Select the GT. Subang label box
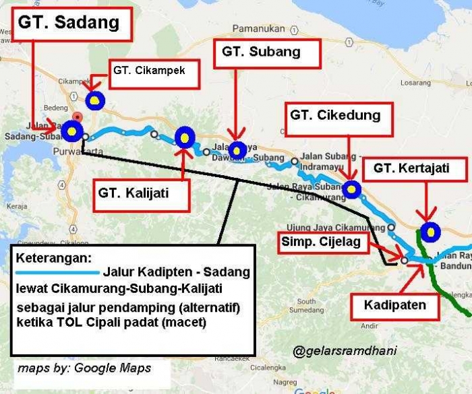[260, 52]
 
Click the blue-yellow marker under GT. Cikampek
[96, 100]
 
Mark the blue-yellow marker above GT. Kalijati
[184, 137]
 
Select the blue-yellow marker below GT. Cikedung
[351, 189]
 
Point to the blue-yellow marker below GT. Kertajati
[429, 231]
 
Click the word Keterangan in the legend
[53, 259]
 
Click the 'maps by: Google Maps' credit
[84, 368]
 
